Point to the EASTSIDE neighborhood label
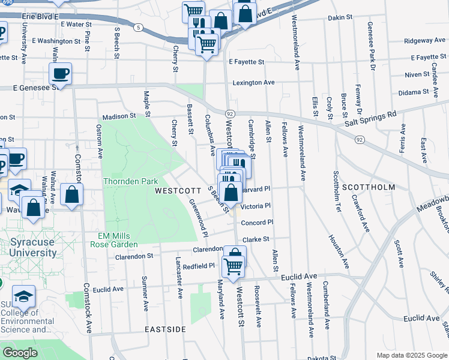coord(165,330)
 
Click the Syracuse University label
coord(33,247)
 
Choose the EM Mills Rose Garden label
coord(114,240)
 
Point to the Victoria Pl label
coord(256,206)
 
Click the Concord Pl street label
coord(257,223)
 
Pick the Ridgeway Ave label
coord(424,41)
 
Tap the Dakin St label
coord(340,18)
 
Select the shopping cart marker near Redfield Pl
coord(234,265)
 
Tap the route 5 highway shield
coord(139,28)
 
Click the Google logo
coord(20,353)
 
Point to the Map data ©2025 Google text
coord(412,355)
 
